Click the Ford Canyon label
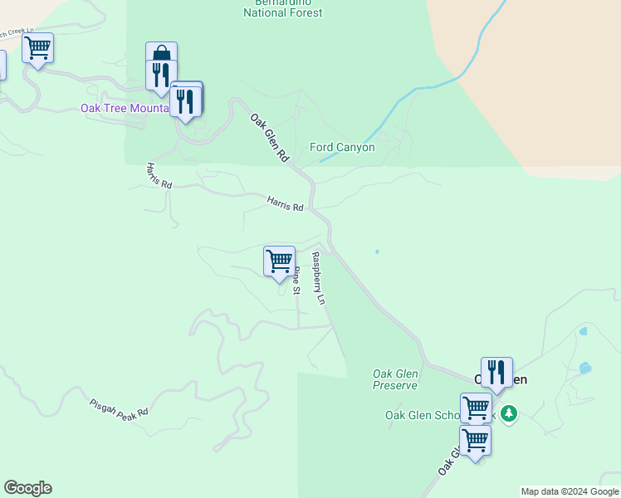tap(342, 148)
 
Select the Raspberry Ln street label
tap(318, 277)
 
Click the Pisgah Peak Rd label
tap(119, 408)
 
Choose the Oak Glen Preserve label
tap(394, 379)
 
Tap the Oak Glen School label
tap(423, 415)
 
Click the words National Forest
tap(283, 13)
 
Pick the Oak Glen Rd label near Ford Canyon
tap(269, 136)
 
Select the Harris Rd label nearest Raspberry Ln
tap(285, 203)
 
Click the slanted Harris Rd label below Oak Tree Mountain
tap(159, 175)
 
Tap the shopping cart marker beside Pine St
tap(280, 261)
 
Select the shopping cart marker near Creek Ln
tap(37, 47)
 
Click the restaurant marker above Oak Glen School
tap(496, 372)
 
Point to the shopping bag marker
tap(161, 53)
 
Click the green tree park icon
tap(509, 413)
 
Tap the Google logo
tap(27, 488)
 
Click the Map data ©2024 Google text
tap(570, 491)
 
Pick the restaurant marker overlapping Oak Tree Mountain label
tap(185, 101)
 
